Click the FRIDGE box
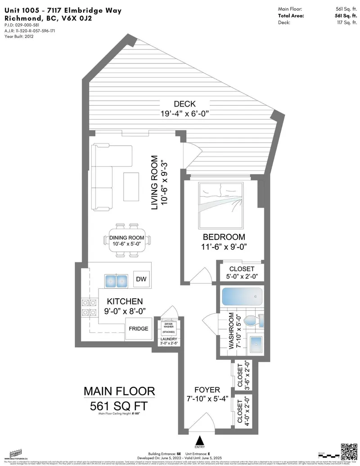click(139, 329)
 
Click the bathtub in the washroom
click(242, 297)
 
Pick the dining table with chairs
click(127, 240)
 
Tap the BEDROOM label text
click(224, 237)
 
